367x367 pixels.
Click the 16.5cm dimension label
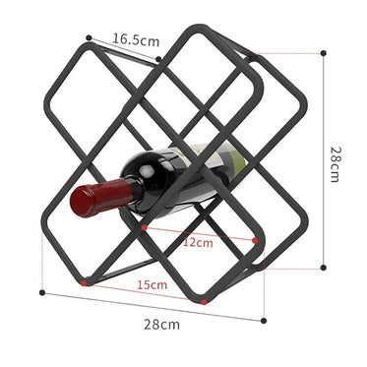(135, 40)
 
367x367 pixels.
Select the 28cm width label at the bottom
(163, 323)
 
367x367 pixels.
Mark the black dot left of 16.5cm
(89, 38)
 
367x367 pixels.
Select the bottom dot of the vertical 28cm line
(323, 267)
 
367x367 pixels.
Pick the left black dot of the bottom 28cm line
(40, 291)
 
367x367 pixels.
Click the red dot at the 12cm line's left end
(145, 227)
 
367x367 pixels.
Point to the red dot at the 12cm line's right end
(256, 240)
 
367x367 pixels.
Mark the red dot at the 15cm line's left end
(85, 283)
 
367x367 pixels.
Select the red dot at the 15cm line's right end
(204, 301)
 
